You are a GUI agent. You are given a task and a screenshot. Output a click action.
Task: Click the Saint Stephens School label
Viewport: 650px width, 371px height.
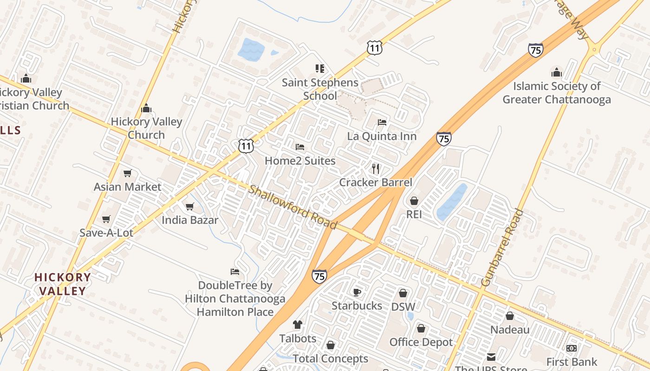coord(320,89)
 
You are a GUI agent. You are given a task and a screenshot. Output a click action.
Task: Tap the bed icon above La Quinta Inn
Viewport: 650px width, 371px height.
coord(382,122)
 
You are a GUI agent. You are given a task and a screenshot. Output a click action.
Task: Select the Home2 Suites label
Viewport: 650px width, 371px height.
coord(300,161)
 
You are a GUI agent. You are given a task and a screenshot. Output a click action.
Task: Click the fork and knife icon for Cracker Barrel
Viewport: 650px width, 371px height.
coord(376,168)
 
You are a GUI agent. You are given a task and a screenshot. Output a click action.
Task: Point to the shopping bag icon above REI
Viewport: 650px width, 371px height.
coord(414,201)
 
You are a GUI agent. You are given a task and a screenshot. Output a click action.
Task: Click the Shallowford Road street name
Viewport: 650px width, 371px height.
coord(293,207)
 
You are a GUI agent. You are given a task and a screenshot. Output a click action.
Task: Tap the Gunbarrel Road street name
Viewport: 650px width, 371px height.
coord(502,248)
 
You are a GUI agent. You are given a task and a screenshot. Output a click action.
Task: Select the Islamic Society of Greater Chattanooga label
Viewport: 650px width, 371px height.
coord(556,93)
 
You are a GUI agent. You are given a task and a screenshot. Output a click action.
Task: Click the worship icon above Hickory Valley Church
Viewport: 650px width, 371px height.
coord(146,109)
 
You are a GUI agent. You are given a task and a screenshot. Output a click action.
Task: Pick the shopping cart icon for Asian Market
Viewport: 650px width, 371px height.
coord(128,173)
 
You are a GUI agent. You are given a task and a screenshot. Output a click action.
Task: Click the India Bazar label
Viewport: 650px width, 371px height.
coord(189,220)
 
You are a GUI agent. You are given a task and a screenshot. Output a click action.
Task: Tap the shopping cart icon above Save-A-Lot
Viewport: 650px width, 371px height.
coord(106,219)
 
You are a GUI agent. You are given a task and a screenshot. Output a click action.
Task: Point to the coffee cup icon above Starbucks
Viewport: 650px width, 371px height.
coord(357,292)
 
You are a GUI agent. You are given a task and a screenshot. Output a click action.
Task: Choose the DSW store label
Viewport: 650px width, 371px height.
coord(403,307)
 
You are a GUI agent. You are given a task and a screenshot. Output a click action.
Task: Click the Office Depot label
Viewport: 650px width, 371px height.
coord(421,342)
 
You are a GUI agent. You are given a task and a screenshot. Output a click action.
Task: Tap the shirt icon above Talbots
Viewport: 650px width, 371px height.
coord(298,325)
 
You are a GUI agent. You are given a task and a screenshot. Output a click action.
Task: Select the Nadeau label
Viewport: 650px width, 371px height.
coord(510,330)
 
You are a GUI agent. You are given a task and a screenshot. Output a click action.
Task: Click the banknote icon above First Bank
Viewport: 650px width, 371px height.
coord(572,348)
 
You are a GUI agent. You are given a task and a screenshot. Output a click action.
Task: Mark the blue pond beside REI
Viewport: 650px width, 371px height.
coord(452,202)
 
